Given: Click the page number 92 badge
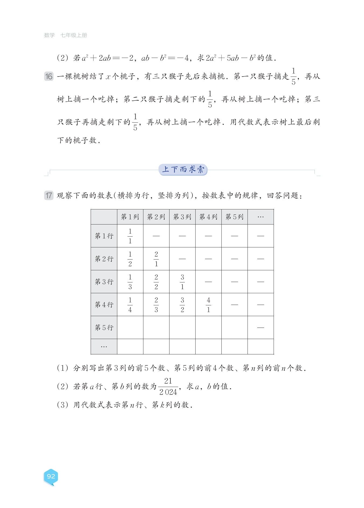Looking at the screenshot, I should [51, 476].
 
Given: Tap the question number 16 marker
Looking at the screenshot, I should [49, 77].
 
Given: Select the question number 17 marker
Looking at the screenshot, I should [49, 195].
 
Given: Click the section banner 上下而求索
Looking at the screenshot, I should [183, 170].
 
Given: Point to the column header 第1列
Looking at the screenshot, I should [130, 217].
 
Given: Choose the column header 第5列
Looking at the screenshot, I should [234, 217].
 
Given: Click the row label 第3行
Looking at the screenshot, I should [104, 282].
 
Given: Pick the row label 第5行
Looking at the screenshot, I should [104, 327].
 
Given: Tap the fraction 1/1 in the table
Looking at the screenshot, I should [130, 236].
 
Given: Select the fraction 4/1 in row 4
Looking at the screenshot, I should [208, 305].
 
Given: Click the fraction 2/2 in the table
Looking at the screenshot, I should [156, 282].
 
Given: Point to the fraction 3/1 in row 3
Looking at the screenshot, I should [182, 282].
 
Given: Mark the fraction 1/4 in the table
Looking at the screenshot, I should [130, 305].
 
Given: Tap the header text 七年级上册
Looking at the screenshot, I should [74, 35].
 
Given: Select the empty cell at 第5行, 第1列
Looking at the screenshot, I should [130, 327].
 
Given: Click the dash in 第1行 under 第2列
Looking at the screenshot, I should [156, 236].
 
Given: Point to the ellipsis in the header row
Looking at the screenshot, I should [260, 217].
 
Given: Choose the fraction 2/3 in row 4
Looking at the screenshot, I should [156, 305].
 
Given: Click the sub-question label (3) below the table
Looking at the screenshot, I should [62, 405].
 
